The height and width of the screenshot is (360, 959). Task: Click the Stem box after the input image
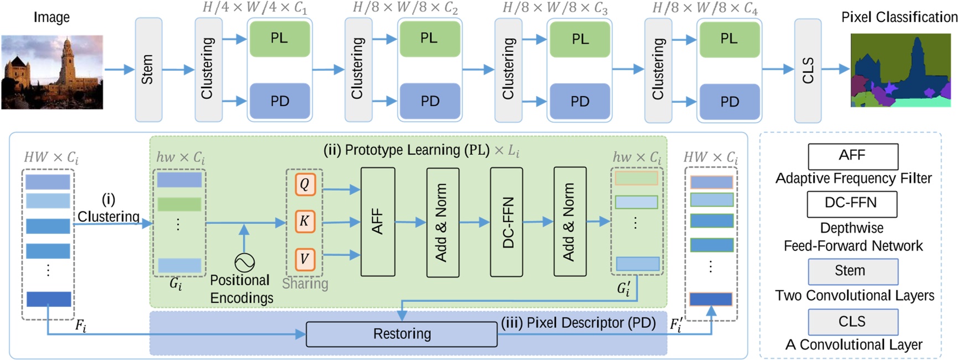point(148,70)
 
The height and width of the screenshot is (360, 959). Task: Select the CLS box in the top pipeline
point(807,70)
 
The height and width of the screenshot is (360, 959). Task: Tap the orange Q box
point(305,184)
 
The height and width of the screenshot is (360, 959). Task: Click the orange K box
point(305,221)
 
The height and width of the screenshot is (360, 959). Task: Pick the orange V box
point(305,258)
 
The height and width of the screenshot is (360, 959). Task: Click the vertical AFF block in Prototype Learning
point(378,222)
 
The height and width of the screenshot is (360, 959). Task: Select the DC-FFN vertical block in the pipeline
point(507,222)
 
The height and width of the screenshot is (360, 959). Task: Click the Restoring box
point(402,334)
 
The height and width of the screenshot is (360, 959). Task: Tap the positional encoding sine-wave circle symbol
point(244,262)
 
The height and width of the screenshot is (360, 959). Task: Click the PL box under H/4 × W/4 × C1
point(279,38)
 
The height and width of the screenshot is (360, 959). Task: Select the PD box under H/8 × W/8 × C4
point(729,102)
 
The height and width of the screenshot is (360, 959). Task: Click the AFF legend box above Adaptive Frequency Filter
point(852,156)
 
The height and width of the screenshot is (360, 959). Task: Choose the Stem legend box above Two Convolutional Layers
point(852,271)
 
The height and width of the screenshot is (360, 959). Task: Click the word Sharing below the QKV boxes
point(305,284)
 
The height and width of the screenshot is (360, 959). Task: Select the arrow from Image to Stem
point(119,70)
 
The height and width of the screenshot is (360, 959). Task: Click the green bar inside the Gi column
point(179,204)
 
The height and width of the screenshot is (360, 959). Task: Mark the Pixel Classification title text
point(899,17)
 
